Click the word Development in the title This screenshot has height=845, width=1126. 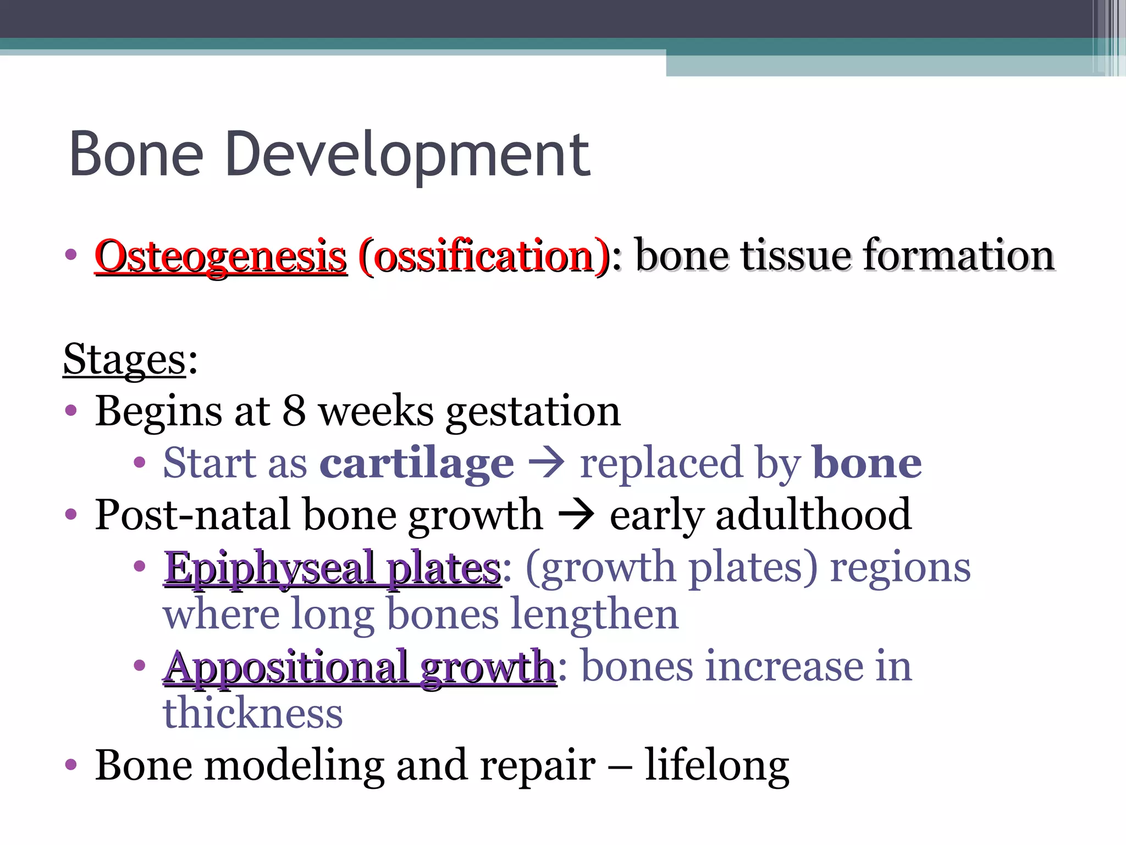click(407, 156)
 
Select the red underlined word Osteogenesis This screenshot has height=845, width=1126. click(221, 256)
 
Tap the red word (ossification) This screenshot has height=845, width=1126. click(484, 256)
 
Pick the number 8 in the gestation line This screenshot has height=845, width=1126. click(294, 411)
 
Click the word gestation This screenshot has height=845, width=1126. click(533, 412)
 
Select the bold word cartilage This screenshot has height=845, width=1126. click(417, 463)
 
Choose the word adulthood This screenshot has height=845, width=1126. click(813, 515)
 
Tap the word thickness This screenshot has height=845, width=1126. click(253, 714)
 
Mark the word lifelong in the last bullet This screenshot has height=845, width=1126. click(717, 765)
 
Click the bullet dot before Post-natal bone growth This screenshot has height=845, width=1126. click(71, 515)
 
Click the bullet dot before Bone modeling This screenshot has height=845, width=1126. click(71, 765)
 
